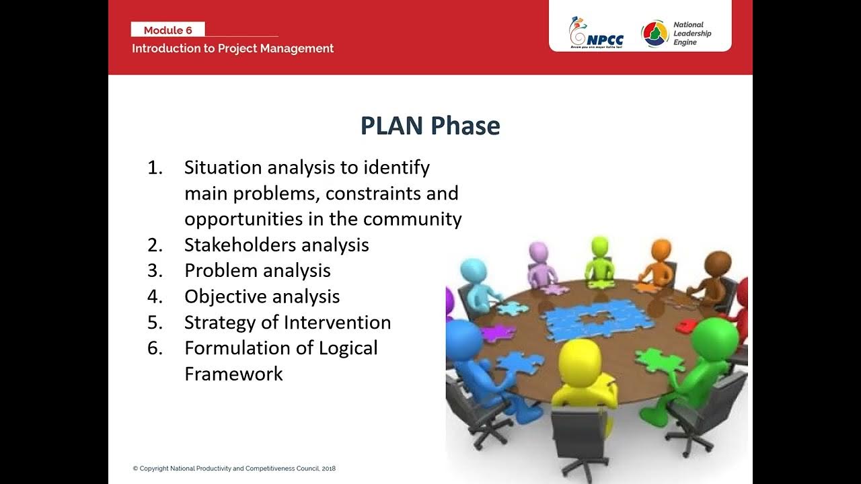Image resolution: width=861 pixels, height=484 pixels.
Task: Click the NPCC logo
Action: click(x=596, y=34)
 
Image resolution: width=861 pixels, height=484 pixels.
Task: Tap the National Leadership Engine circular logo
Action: click(x=654, y=34)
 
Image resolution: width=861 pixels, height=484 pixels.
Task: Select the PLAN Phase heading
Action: click(x=430, y=126)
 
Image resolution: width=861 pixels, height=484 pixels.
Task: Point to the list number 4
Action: click(x=155, y=296)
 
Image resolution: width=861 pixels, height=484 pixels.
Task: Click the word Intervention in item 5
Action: click(x=337, y=323)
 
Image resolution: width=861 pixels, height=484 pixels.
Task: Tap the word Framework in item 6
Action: click(x=233, y=374)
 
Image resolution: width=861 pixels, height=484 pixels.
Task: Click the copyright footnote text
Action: click(x=234, y=469)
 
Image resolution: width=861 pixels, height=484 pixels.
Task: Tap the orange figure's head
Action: click(x=661, y=250)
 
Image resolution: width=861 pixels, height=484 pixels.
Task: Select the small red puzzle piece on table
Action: click(x=685, y=325)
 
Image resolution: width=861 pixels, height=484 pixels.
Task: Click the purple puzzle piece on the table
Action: click(x=498, y=332)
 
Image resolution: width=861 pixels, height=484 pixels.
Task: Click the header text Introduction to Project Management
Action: click(x=233, y=48)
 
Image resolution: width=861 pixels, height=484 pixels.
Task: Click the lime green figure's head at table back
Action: click(x=599, y=247)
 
